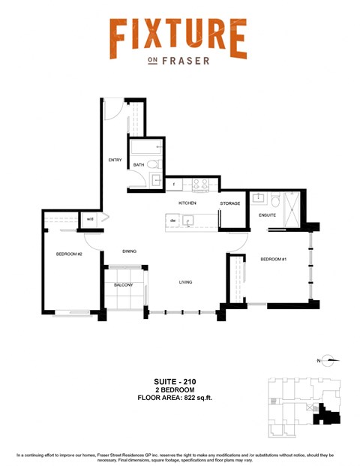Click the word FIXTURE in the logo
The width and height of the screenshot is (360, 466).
click(x=178, y=38)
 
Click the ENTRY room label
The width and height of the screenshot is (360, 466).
click(x=115, y=159)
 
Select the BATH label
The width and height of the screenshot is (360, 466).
click(x=139, y=165)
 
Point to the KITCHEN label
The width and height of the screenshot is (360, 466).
click(x=187, y=203)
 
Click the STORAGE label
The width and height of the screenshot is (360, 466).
click(x=230, y=203)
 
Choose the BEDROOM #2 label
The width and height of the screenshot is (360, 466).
click(x=68, y=254)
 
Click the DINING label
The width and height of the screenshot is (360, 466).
click(x=130, y=251)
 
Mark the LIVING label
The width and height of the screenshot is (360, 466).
click(x=186, y=282)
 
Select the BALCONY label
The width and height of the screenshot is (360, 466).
click(x=123, y=285)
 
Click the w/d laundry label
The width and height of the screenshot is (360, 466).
click(x=89, y=219)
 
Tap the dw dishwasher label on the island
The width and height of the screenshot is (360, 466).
click(x=172, y=220)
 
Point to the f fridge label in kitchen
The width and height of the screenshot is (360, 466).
click(x=173, y=183)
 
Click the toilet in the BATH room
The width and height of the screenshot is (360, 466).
click(x=151, y=164)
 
